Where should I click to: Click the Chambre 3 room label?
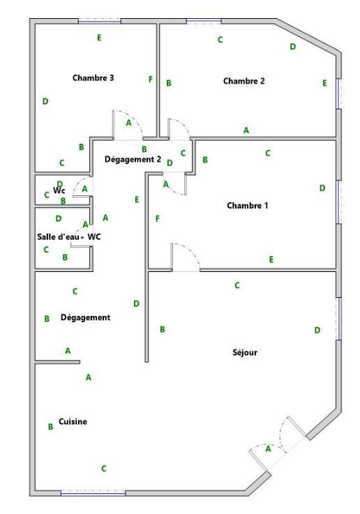point(93,78)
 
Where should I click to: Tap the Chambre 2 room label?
point(244,81)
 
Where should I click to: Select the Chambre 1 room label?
point(248,206)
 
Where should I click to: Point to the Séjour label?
point(245,352)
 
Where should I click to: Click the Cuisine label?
point(73,421)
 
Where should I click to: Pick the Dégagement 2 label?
point(133,159)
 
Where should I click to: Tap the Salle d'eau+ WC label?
point(69,236)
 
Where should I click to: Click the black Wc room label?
point(59,190)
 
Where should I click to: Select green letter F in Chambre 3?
point(151,80)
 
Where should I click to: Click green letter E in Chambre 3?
point(99,38)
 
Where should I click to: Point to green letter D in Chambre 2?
point(293,47)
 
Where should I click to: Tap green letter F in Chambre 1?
point(158,218)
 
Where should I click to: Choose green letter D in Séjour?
point(317,330)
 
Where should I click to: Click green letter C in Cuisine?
point(104,469)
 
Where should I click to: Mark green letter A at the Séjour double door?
point(268,449)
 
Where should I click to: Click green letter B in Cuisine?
point(50,427)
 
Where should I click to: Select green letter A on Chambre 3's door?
point(128,123)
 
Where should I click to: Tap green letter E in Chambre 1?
point(271,259)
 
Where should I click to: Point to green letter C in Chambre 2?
point(220,40)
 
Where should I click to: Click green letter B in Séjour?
point(163,329)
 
